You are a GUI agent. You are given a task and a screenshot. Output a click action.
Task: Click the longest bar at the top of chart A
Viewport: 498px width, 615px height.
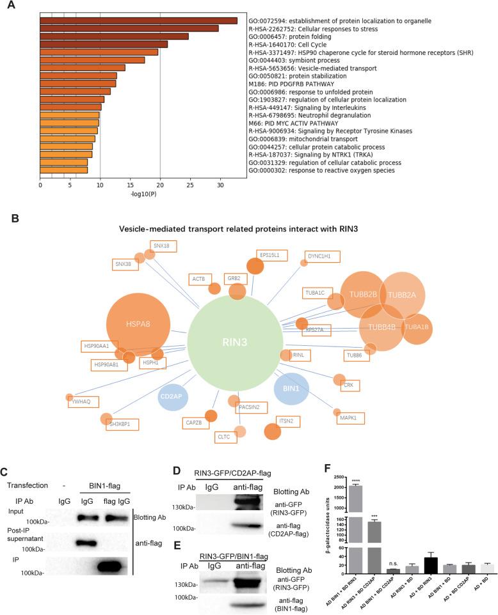tap(138, 21)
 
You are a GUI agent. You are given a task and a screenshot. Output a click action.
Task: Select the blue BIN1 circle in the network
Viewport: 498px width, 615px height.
tap(291, 388)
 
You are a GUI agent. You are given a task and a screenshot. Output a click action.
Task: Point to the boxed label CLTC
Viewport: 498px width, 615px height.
tap(225, 438)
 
